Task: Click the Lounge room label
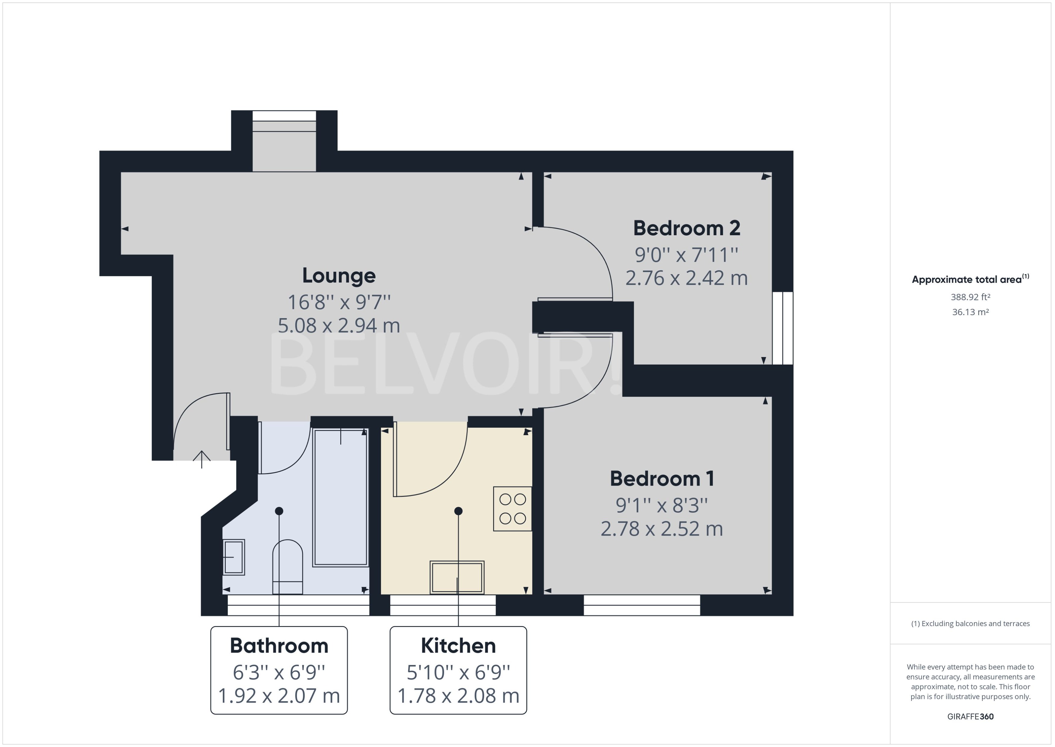(x=339, y=276)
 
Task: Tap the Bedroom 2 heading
(x=686, y=228)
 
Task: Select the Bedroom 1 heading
(x=662, y=479)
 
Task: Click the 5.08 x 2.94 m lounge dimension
(x=339, y=326)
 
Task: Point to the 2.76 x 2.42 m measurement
(x=686, y=278)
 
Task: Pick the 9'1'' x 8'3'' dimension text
(x=662, y=505)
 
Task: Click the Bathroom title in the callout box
(x=279, y=646)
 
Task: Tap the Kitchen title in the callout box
(x=458, y=646)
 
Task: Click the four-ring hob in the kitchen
(x=512, y=509)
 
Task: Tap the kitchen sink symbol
(x=457, y=577)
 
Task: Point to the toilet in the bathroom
(x=288, y=567)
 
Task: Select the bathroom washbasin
(x=234, y=557)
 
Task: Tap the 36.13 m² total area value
(x=970, y=312)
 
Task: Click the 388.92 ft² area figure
(x=970, y=297)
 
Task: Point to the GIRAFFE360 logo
(x=970, y=716)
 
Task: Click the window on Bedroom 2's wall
(x=783, y=328)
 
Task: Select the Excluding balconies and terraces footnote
(x=970, y=624)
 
